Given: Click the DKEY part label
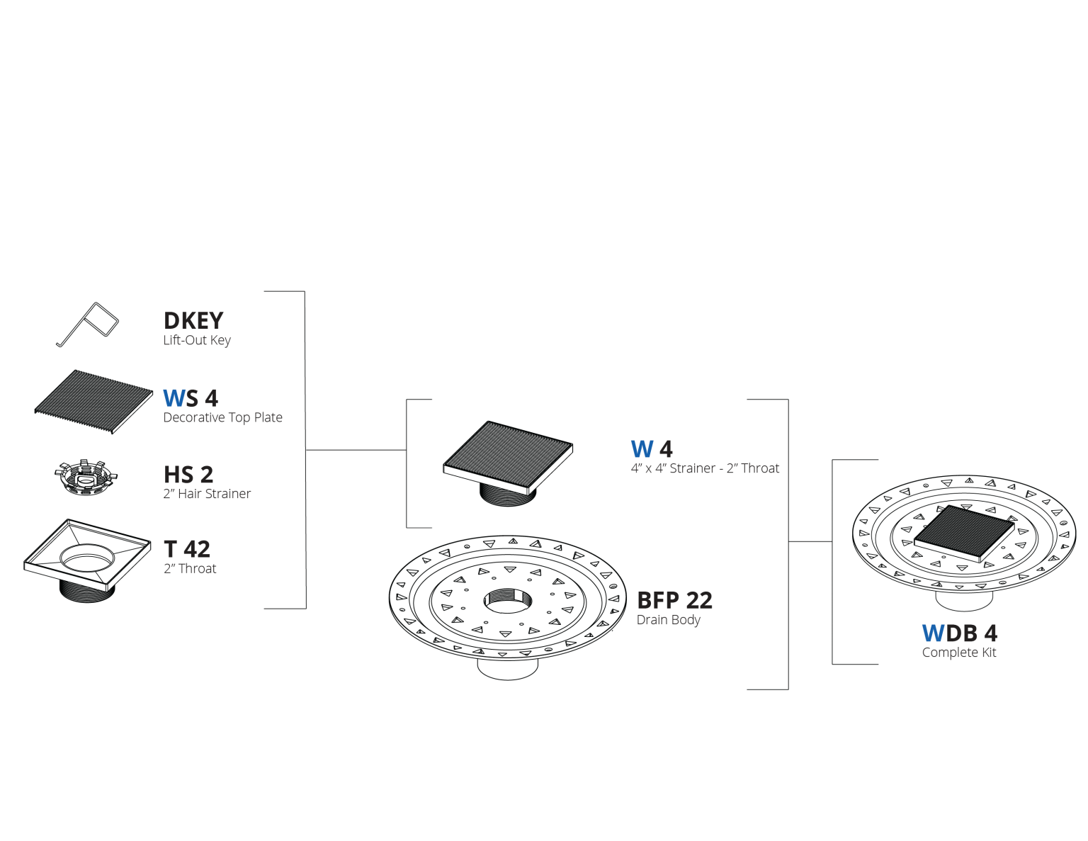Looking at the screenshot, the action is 193,321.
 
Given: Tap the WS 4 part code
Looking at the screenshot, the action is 191,398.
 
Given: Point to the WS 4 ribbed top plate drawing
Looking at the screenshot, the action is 93,402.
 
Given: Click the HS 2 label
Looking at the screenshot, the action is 188,475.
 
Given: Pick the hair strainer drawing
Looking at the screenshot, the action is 86,478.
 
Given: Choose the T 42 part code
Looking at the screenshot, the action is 187,549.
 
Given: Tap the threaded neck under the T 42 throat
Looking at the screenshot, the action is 87,592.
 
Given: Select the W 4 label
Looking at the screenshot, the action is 652,449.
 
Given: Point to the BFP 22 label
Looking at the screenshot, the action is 674,600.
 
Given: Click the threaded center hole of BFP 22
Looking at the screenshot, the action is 508,600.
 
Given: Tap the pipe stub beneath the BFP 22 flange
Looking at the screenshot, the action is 508,670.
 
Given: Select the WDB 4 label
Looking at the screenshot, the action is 959,633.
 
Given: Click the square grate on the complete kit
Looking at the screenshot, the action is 964,534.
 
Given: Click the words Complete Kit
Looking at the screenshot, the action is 959,653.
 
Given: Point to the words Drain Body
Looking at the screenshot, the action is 669,620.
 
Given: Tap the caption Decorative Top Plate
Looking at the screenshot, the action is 223,417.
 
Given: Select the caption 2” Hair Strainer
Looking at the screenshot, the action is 207,494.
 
